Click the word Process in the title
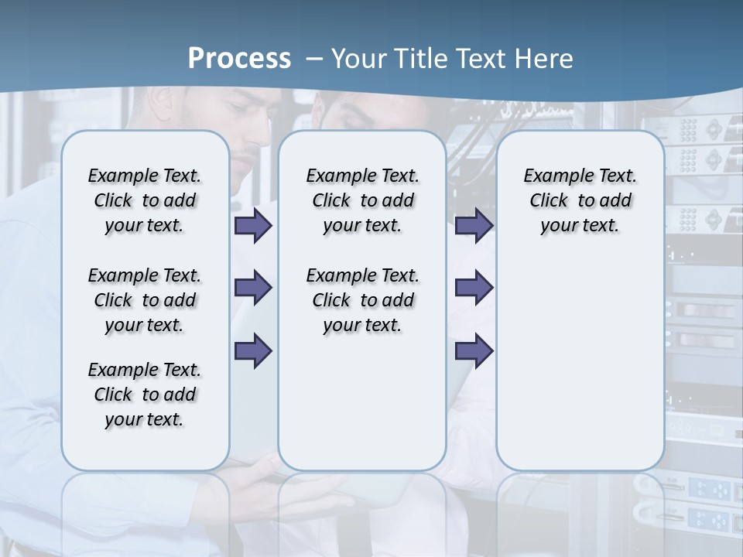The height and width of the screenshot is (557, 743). (x=239, y=59)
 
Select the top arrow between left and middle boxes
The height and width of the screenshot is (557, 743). (x=253, y=226)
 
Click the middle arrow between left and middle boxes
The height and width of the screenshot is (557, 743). (x=253, y=288)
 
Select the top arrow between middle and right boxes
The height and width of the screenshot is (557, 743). (x=474, y=226)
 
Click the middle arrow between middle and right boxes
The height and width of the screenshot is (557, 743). (x=474, y=288)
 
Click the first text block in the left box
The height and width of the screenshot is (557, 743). (x=145, y=200)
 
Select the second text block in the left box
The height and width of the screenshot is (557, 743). (x=145, y=300)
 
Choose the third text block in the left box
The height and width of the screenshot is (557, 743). (x=145, y=395)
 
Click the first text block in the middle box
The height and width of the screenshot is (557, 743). (x=362, y=200)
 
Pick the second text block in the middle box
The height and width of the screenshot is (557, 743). (x=362, y=300)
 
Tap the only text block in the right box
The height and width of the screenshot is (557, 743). (x=580, y=200)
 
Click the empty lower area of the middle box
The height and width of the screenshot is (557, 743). (x=362, y=402)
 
